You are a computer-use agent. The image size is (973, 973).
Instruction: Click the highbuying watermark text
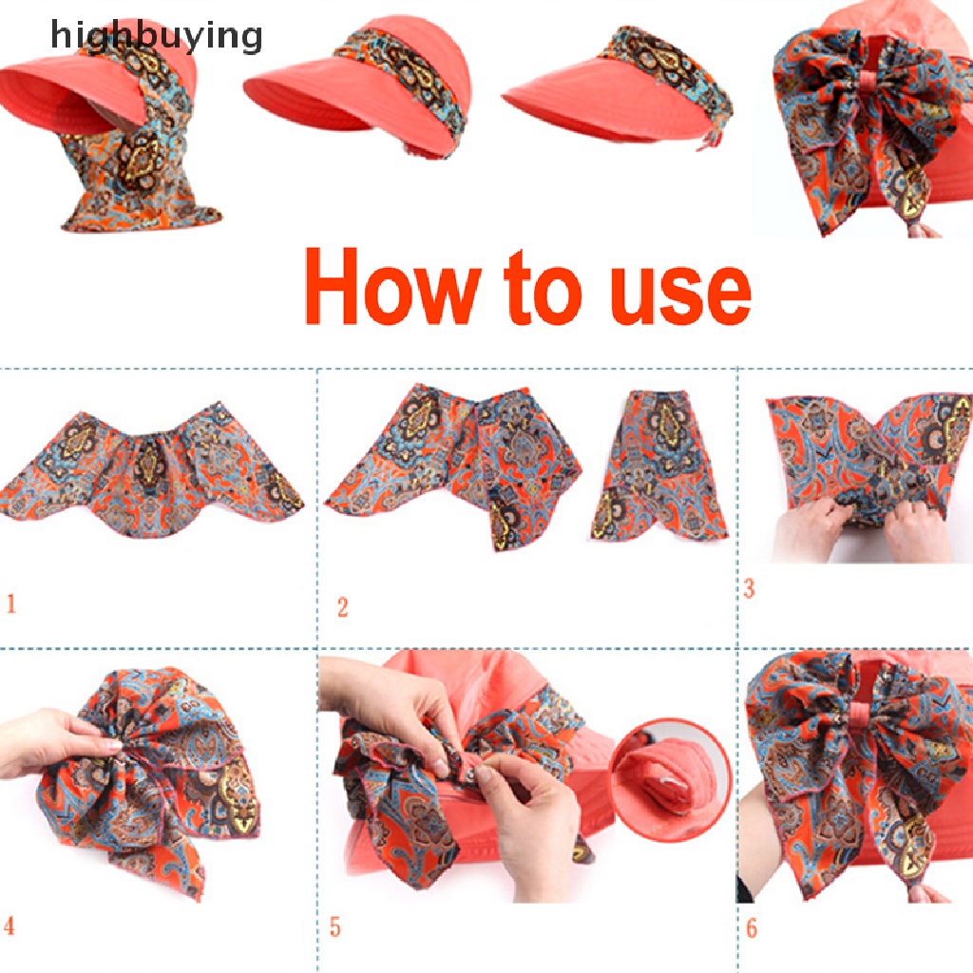point(157,37)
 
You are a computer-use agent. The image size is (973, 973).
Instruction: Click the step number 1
point(11,603)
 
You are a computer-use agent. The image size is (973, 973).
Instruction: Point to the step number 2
point(342,606)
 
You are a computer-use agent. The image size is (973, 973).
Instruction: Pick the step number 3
point(749,588)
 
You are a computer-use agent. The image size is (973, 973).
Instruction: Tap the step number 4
point(10,925)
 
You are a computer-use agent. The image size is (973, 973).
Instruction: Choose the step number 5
point(334,926)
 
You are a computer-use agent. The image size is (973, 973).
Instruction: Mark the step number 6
point(752,927)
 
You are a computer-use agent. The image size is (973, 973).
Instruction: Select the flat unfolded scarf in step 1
point(152,466)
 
